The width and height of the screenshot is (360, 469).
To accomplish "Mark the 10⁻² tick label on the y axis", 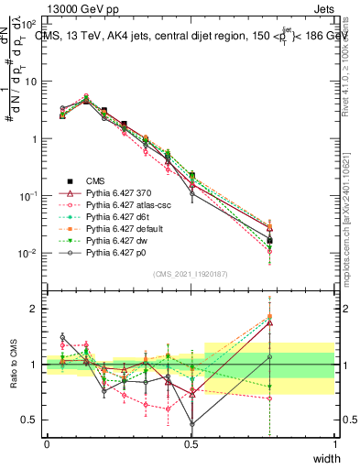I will pos(28,254).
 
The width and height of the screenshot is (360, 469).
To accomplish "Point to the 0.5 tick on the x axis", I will pos(191,442).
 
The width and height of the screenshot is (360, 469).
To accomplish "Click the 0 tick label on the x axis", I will pos(47,442).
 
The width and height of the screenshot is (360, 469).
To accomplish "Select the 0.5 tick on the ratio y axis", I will pos(31,420).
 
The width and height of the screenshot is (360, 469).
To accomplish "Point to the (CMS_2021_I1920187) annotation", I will pos(191,273).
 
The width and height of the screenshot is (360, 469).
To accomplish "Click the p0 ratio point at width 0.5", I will pos(191,424).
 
